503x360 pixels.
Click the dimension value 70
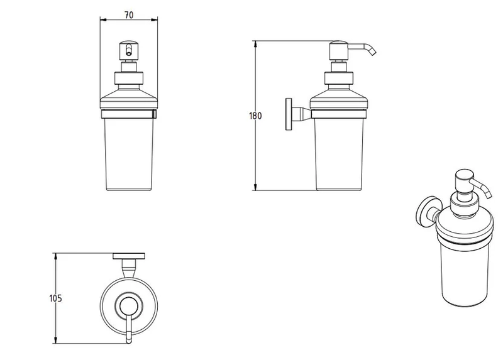pos(128,14)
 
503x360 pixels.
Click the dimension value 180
pos(255,116)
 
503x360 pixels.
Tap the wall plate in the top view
pos(128,256)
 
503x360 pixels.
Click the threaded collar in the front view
pos(128,79)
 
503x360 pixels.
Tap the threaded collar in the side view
pos(339,79)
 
